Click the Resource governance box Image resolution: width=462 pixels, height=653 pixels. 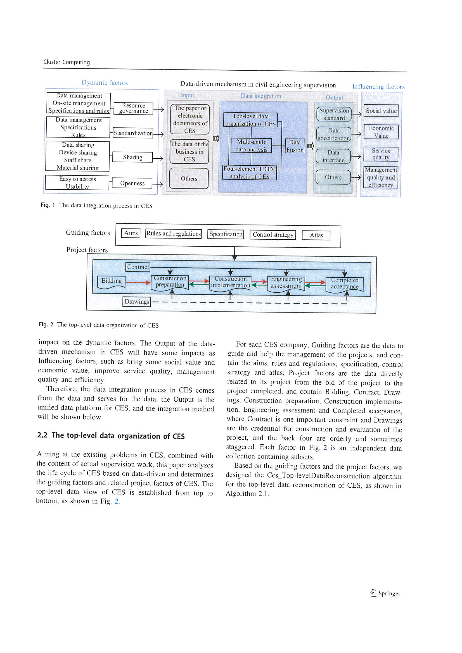point(133,108)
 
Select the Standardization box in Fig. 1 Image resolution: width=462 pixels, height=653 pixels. point(133,133)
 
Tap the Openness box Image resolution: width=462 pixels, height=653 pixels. point(132,183)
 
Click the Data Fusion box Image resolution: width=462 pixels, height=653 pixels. point(295,146)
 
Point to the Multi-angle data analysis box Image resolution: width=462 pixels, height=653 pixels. point(251,146)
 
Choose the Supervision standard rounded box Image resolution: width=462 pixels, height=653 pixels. point(334,114)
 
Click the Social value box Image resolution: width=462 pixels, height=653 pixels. point(381,111)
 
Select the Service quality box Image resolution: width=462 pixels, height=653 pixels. point(381,154)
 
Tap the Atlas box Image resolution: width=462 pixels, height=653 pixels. point(316,235)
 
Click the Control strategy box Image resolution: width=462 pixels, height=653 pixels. point(273,235)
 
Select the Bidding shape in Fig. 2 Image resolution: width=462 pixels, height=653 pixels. point(111,282)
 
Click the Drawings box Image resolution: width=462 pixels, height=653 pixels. point(137,301)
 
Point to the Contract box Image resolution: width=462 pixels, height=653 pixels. point(138,267)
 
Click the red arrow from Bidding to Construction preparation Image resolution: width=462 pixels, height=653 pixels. point(138,282)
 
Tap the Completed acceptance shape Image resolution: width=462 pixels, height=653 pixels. point(344,284)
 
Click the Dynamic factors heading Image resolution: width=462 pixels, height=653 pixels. point(105,83)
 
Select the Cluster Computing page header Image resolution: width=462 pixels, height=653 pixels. point(67,62)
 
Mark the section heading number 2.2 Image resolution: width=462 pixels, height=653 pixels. point(42,435)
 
